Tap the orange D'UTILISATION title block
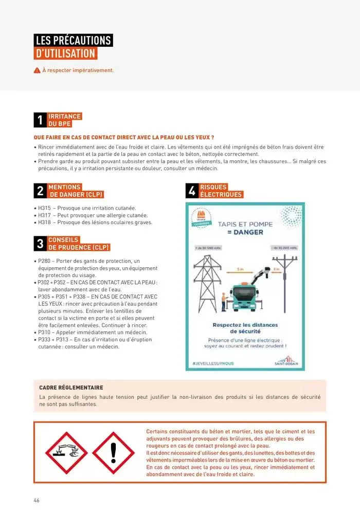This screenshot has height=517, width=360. [65, 53]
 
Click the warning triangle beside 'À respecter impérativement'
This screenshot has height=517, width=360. [37, 70]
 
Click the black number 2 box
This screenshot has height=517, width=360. [40, 191]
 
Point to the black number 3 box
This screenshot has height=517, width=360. [40, 244]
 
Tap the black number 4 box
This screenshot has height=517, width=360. [192, 191]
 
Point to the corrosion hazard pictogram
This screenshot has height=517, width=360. [67, 453]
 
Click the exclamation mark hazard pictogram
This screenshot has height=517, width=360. [114, 453]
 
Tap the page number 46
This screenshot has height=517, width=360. [37, 501]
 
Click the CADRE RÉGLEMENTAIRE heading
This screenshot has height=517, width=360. [71, 387]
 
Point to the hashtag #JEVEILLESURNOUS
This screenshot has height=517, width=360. [213, 363]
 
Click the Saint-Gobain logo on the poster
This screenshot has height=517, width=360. [286, 361]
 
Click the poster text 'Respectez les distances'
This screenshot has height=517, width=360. [245, 325]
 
